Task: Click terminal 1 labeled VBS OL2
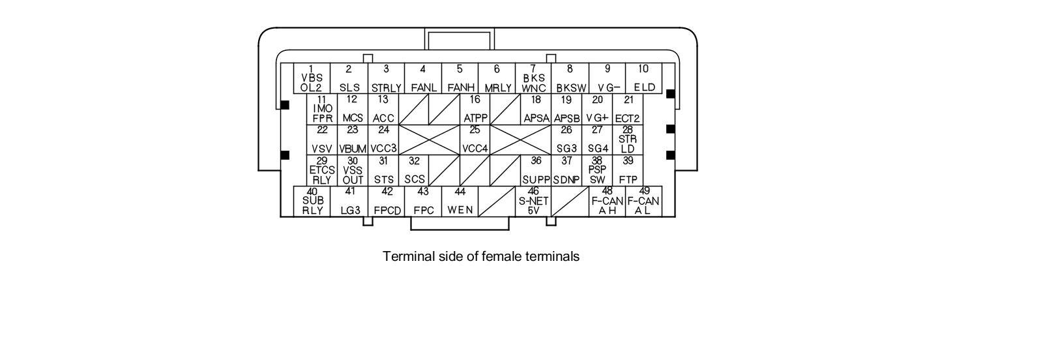[x=312, y=78]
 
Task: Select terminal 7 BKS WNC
[x=533, y=78]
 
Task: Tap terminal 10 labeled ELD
[x=643, y=78]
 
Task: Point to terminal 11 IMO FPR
[x=322, y=109]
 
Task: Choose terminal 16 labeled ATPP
[x=475, y=109]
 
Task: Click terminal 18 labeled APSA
[x=536, y=109]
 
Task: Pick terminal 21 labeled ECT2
[x=628, y=109]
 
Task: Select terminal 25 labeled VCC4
[x=475, y=140]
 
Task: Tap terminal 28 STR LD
[x=628, y=140]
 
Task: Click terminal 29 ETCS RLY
[x=322, y=170]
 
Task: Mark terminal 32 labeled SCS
[x=415, y=170]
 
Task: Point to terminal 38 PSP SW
[x=597, y=170]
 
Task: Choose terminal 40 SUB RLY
[x=312, y=201]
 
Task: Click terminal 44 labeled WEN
[x=460, y=201]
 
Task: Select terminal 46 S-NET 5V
[x=533, y=201]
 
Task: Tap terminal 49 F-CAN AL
[x=643, y=201]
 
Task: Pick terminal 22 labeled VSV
[x=322, y=140]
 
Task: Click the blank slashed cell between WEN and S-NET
[x=496, y=201]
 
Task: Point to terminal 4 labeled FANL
[x=422, y=78]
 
